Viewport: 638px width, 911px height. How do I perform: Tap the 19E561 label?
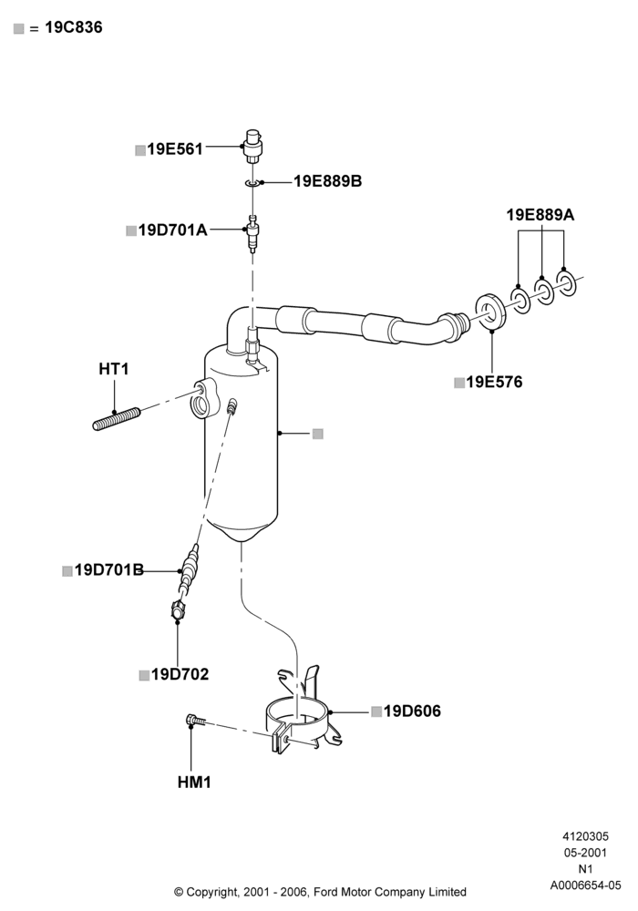pyautogui.click(x=175, y=149)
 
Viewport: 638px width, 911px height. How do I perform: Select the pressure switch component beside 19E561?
pyautogui.click(x=252, y=147)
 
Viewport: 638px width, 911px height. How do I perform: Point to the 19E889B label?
pyautogui.click(x=328, y=181)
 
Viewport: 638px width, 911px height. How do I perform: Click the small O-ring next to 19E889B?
pyautogui.click(x=252, y=184)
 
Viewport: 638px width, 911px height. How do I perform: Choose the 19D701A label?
pyautogui.click(x=172, y=230)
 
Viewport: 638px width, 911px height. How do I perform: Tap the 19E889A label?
pyautogui.click(x=540, y=215)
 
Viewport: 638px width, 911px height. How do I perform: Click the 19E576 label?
pyautogui.click(x=495, y=382)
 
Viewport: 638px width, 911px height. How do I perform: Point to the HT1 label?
pyautogui.click(x=113, y=369)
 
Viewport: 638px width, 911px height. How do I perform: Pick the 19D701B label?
pyautogui.click(x=109, y=570)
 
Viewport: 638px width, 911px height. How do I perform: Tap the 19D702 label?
pyautogui.click(x=180, y=674)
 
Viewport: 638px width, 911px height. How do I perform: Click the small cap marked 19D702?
pyautogui.click(x=177, y=612)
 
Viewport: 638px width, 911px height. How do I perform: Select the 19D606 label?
pyautogui.click(x=413, y=711)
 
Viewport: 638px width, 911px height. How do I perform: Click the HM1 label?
pyautogui.click(x=194, y=783)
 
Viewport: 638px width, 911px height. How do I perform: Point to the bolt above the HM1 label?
pyautogui.click(x=195, y=721)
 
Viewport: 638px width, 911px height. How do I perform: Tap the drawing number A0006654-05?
pyautogui.click(x=586, y=885)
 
